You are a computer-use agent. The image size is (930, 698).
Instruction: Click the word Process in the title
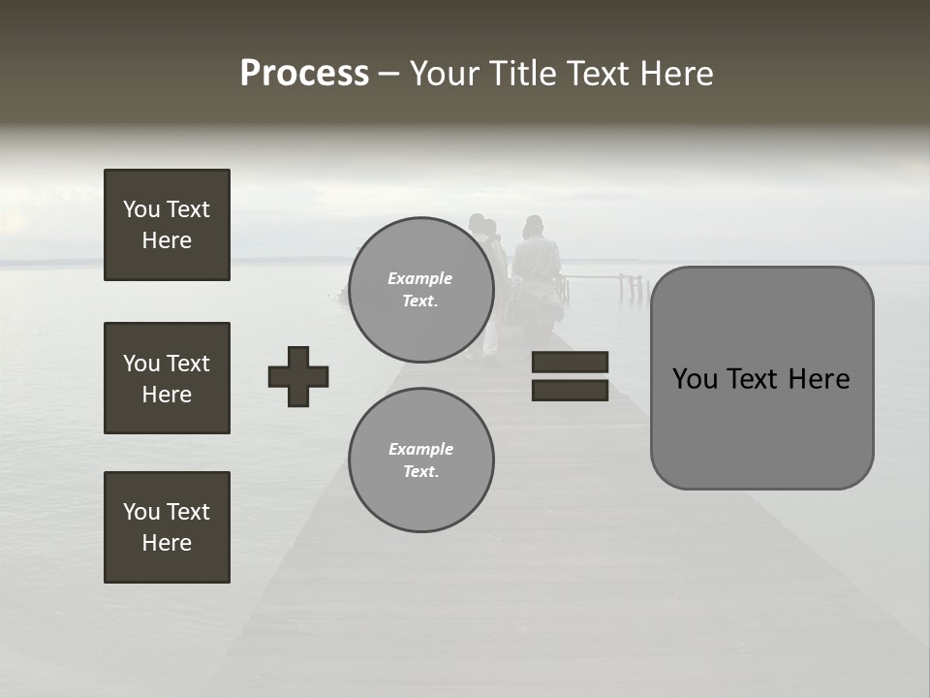pyautogui.click(x=304, y=74)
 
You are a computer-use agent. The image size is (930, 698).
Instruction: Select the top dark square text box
pyautogui.click(x=167, y=225)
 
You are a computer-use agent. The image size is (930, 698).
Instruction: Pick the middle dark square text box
pyautogui.click(x=167, y=378)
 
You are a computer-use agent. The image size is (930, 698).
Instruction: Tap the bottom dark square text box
pyautogui.click(x=167, y=527)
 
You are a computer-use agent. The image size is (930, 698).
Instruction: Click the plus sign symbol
pyautogui.click(x=298, y=376)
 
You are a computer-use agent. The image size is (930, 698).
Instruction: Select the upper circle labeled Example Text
pyautogui.click(x=420, y=290)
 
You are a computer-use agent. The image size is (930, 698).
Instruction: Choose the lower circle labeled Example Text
pyautogui.click(x=420, y=460)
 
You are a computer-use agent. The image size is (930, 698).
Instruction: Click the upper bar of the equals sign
pyautogui.click(x=570, y=362)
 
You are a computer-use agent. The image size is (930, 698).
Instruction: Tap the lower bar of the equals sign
pyautogui.click(x=570, y=390)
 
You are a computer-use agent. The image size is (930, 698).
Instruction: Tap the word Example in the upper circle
pyautogui.click(x=420, y=278)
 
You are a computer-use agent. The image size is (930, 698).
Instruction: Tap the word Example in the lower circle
pyautogui.click(x=420, y=449)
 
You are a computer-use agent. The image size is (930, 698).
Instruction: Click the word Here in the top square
pyautogui.click(x=167, y=240)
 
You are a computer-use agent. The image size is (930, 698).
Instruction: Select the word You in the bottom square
pyautogui.click(x=141, y=512)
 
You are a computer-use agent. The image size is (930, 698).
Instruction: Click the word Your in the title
pyautogui.click(x=445, y=74)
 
